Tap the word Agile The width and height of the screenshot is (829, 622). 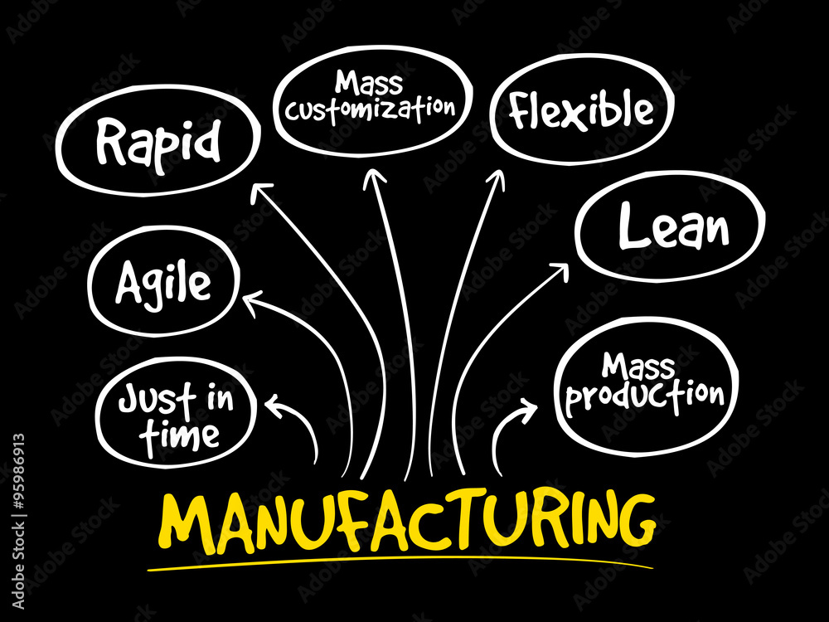click(x=162, y=284)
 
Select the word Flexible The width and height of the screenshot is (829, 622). click(x=581, y=109)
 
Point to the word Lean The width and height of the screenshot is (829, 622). click(x=673, y=226)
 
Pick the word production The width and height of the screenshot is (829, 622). click(x=644, y=395)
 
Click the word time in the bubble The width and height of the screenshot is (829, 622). click(x=179, y=436)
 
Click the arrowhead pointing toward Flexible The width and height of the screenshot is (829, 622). click(x=497, y=179)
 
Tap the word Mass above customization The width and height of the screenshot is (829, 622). click(x=369, y=82)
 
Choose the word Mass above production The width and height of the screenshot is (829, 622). click(x=638, y=366)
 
